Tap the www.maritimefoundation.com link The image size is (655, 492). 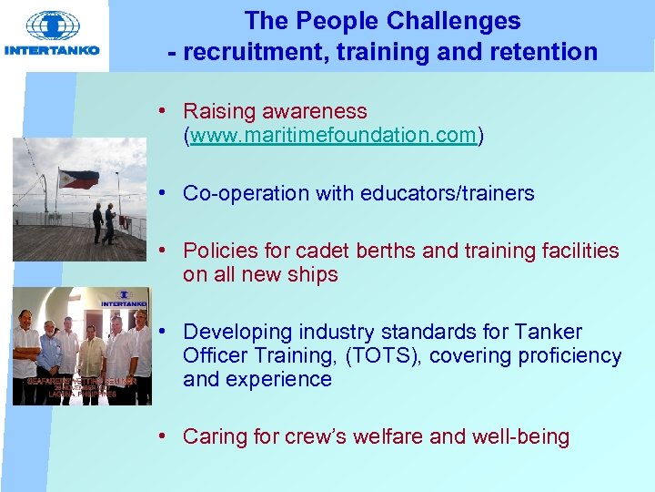coord(334,136)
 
